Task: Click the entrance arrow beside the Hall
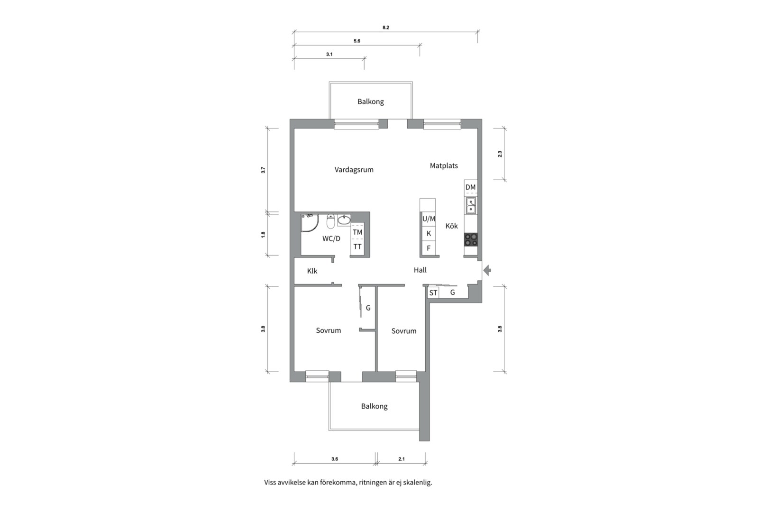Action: (x=487, y=270)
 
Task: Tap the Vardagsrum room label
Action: (x=354, y=170)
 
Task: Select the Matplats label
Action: (x=444, y=165)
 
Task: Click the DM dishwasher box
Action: (x=470, y=187)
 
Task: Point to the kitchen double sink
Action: (x=471, y=206)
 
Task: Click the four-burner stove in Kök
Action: (x=471, y=239)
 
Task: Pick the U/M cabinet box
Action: (x=429, y=219)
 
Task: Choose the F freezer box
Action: (x=429, y=248)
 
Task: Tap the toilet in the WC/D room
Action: (x=330, y=221)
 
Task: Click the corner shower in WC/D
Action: (x=309, y=223)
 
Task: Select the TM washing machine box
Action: (x=357, y=232)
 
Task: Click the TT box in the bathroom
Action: (x=357, y=247)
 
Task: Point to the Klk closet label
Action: (x=312, y=271)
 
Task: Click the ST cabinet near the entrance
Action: (x=433, y=293)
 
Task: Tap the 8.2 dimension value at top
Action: (x=385, y=27)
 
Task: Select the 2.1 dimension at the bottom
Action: (x=401, y=459)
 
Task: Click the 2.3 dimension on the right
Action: (x=500, y=154)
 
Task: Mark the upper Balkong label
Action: (x=370, y=101)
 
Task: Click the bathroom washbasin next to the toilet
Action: (x=344, y=220)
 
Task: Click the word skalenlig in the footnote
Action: (x=417, y=483)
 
